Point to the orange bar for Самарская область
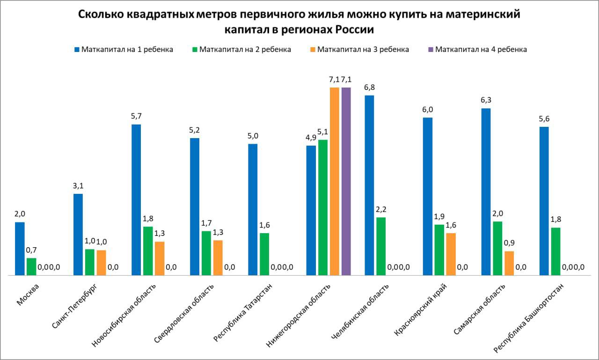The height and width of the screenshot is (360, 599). point(509,264)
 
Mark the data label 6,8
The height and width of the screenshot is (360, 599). point(369,87)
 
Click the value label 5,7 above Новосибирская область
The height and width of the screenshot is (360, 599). point(136,116)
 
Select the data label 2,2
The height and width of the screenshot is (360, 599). point(381,209)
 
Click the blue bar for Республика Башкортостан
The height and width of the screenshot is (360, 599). point(544,201)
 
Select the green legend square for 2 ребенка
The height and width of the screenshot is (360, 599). point(196,49)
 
